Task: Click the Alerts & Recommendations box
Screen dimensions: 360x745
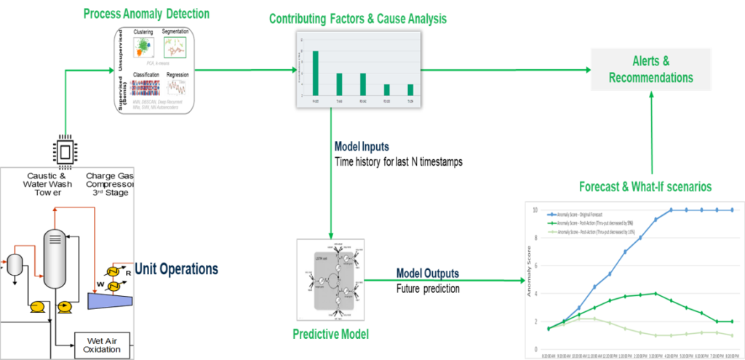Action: point(650,70)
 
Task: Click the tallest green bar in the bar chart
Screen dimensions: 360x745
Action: point(316,72)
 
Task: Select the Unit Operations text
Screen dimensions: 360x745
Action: point(177,269)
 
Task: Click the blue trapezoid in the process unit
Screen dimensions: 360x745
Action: point(110,300)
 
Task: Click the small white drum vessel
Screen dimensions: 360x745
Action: point(15,265)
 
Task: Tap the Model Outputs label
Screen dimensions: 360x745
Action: point(427,273)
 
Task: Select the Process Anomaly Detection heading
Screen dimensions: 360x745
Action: point(147,13)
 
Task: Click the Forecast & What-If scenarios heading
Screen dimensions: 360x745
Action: point(645,186)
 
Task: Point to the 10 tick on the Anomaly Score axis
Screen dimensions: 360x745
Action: point(535,210)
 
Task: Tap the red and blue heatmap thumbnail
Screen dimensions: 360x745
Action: point(144,87)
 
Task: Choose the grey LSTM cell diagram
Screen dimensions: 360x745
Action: point(331,279)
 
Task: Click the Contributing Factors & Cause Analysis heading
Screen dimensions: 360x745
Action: point(357,19)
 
